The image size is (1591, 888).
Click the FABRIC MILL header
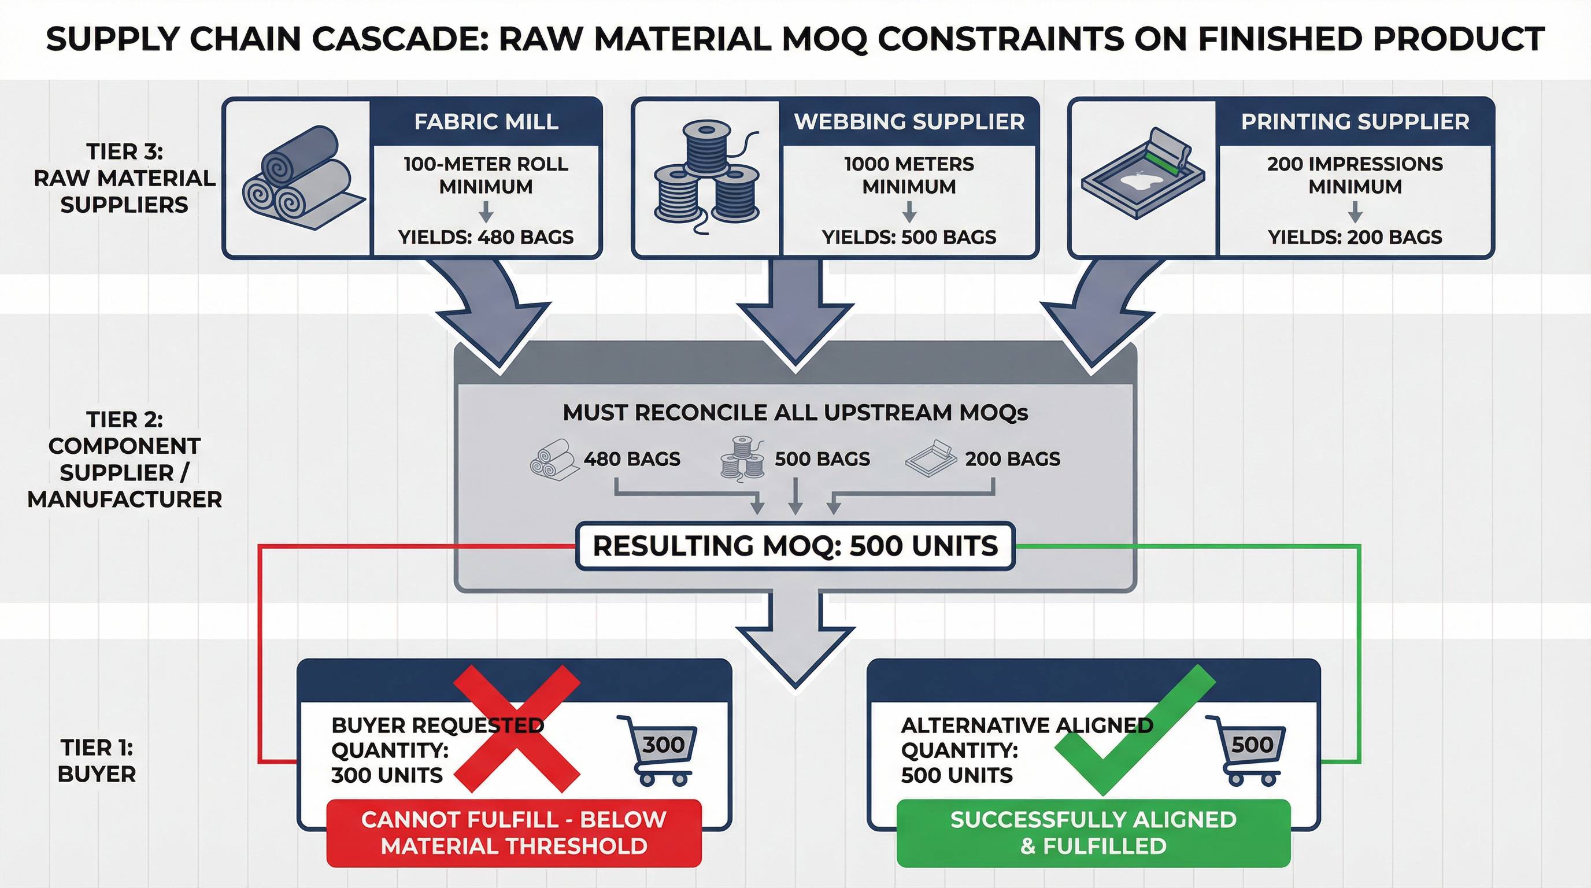click(x=486, y=121)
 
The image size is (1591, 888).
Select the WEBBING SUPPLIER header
click(x=909, y=121)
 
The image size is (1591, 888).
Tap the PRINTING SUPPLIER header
click(x=1355, y=121)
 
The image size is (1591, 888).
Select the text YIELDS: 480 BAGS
click(x=486, y=237)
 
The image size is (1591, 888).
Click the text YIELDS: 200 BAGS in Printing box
click(x=1355, y=237)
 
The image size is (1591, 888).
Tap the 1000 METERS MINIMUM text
click(x=909, y=175)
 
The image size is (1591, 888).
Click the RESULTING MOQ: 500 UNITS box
click(x=795, y=546)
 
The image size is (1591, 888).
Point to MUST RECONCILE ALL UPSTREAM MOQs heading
click(x=795, y=413)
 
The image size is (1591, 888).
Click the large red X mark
click(x=516, y=728)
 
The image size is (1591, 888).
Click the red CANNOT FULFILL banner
click(x=514, y=832)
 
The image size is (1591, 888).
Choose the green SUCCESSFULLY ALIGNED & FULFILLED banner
click(x=1093, y=832)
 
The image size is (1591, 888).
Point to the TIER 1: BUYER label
click(x=97, y=761)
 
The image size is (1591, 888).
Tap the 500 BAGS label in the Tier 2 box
click(x=822, y=459)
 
